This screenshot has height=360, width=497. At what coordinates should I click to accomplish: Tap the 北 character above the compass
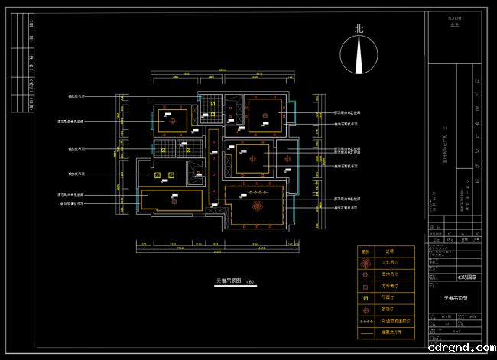(359, 29)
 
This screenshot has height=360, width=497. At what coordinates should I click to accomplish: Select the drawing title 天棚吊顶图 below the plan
(229, 281)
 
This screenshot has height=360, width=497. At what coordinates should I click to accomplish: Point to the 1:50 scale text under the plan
(250, 282)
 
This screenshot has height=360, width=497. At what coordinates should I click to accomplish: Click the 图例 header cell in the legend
(365, 251)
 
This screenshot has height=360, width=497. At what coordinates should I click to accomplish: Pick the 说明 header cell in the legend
(389, 251)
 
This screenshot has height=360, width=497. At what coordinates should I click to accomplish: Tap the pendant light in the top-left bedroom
(172, 120)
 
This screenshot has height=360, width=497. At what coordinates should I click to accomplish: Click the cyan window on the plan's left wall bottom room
(138, 200)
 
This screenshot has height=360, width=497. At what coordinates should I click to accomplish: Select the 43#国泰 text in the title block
(466, 277)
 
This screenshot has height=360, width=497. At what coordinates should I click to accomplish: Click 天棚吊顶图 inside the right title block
(456, 297)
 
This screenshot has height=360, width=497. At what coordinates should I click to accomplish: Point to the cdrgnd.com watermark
(459, 349)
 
